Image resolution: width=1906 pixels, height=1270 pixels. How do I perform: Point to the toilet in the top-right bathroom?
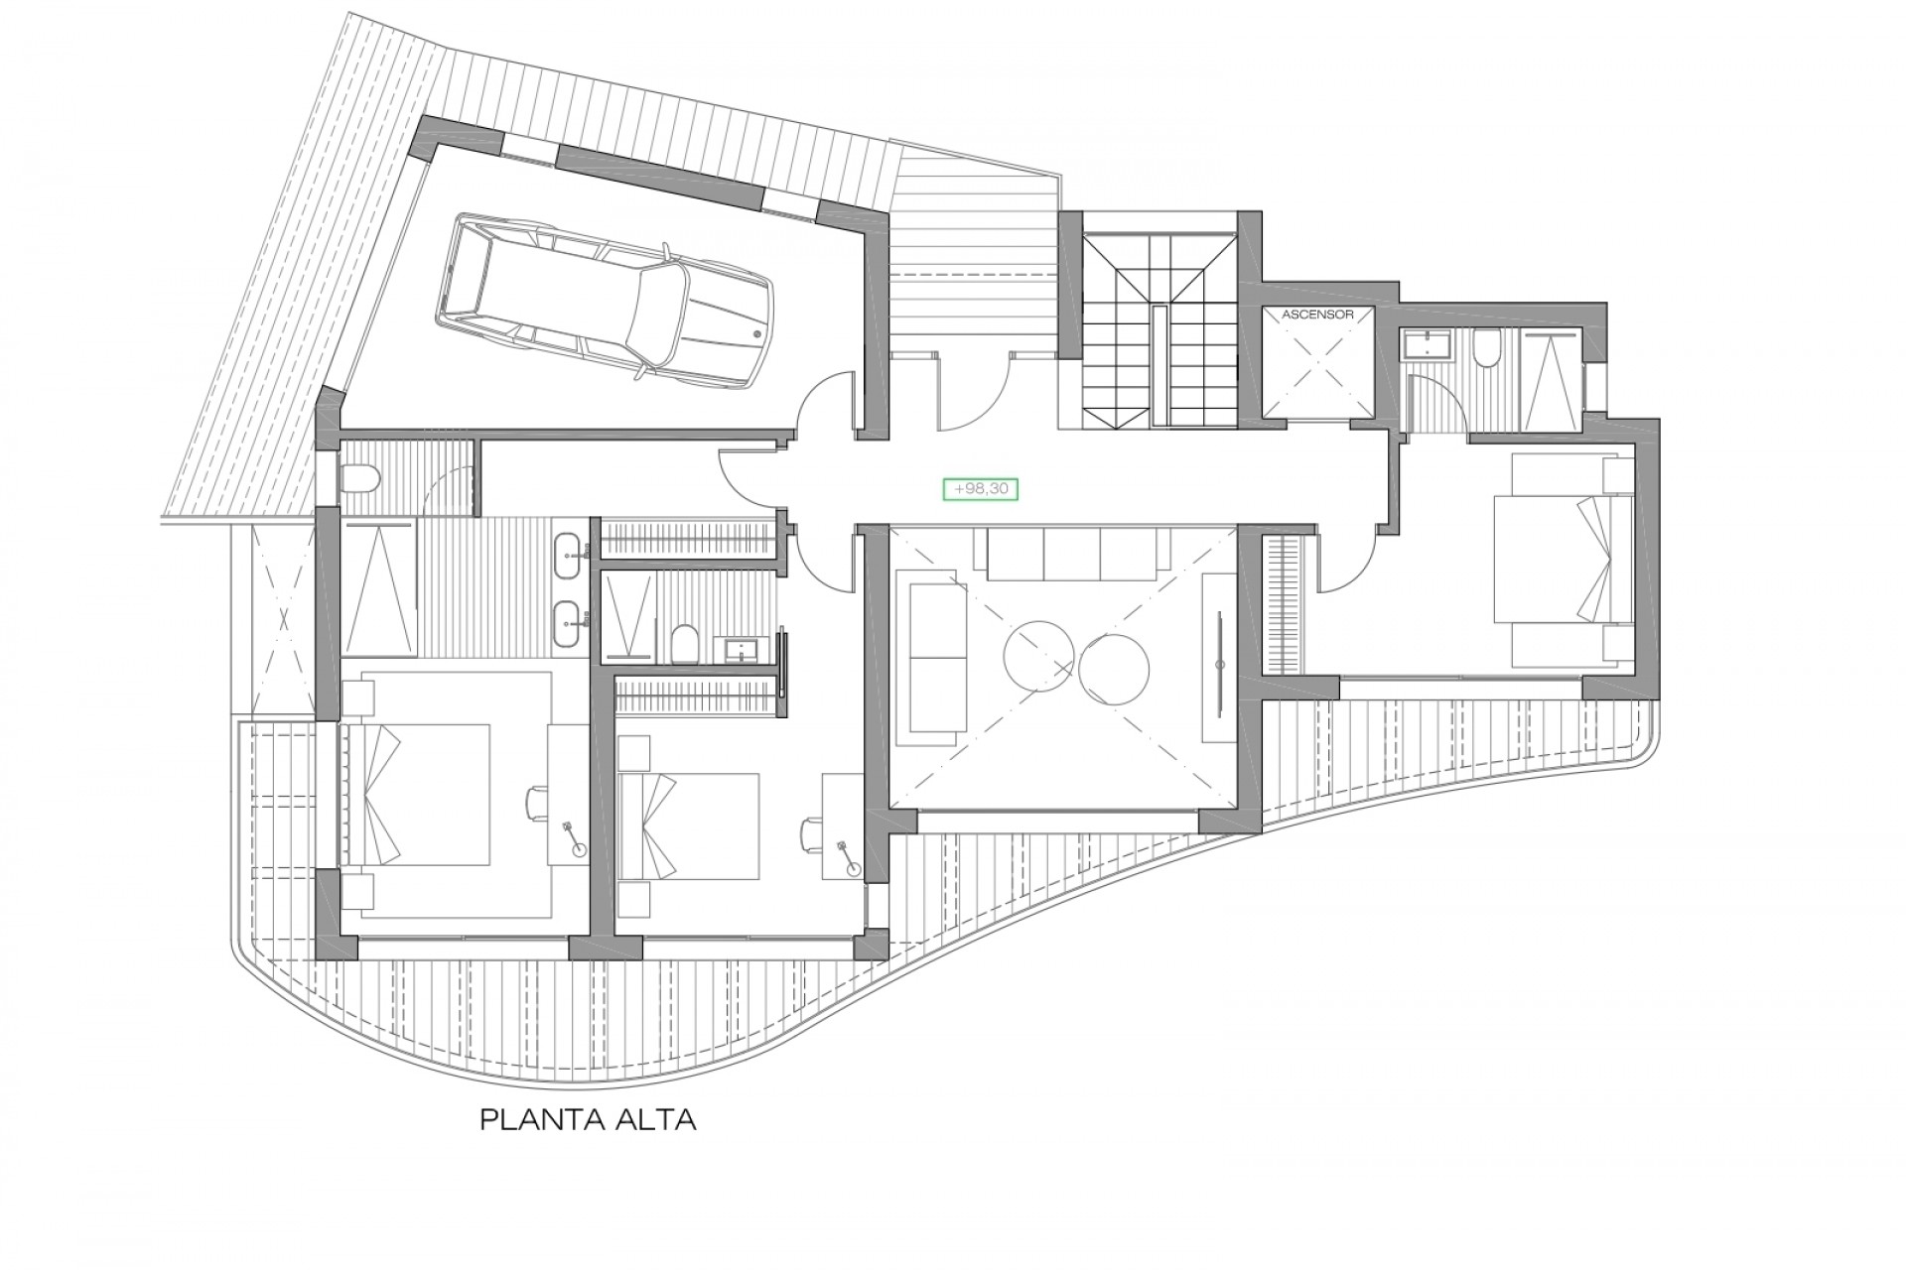click(x=1486, y=349)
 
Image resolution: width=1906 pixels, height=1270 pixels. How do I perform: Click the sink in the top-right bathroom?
click(x=1427, y=345)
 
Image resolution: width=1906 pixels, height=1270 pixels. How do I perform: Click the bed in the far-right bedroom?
click(x=1564, y=561)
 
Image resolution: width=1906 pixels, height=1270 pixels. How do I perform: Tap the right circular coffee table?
click(x=1114, y=671)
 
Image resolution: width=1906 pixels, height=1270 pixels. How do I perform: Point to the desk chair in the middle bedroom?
click(x=811, y=833)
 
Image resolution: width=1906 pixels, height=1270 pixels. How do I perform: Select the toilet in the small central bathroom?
click(x=684, y=644)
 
